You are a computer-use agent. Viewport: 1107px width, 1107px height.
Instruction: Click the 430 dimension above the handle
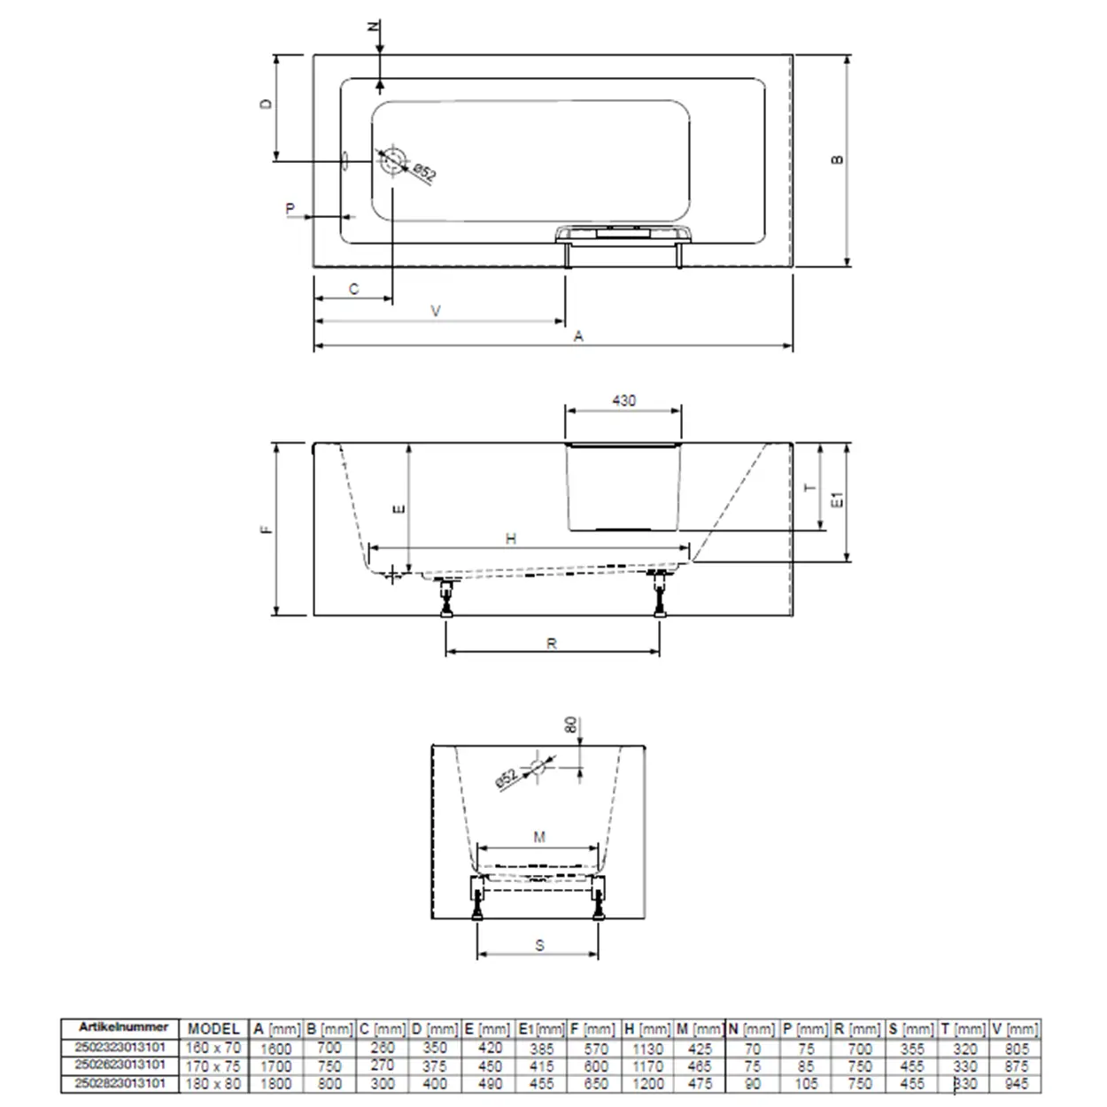623,401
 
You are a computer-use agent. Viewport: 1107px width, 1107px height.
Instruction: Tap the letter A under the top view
578,337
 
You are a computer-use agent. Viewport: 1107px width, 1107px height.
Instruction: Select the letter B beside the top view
837,160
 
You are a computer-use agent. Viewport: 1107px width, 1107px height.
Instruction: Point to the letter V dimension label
436,311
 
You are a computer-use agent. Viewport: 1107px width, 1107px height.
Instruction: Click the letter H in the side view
511,538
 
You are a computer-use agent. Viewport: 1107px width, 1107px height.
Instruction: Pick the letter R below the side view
552,644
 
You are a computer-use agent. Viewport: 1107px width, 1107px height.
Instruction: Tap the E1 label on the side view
837,499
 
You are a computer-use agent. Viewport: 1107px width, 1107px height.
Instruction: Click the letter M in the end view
539,837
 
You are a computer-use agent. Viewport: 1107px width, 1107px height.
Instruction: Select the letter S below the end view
539,946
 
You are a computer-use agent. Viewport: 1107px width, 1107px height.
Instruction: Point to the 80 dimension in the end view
571,725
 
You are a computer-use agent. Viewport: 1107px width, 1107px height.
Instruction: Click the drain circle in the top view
392,161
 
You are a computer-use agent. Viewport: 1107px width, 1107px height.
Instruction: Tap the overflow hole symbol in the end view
537,768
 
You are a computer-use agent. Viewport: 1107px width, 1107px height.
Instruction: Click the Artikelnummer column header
123,1027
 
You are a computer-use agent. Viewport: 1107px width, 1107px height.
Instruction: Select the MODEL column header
213,1029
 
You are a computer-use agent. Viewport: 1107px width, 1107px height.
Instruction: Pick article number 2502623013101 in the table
120,1064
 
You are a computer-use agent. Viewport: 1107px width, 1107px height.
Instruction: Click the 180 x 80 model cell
213,1084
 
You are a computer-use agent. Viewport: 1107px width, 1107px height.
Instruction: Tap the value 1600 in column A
275,1049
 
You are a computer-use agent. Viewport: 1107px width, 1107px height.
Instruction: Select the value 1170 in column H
648,1066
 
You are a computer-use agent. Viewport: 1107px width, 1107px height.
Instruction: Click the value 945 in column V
1017,1084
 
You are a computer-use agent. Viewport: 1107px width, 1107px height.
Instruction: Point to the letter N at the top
374,27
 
